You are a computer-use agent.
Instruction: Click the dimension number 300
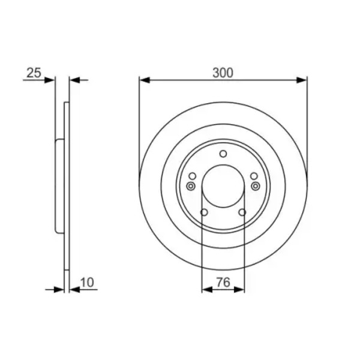coord(223,73)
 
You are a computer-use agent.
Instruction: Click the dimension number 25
coord(34,73)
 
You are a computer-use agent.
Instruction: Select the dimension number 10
coord(87,282)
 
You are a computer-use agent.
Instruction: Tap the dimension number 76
coord(223,282)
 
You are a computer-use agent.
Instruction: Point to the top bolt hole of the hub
coord(223,154)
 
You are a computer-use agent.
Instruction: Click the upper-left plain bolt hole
coord(193,176)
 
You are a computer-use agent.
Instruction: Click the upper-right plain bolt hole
coord(254,176)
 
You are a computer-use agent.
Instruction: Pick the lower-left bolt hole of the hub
coord(204,212)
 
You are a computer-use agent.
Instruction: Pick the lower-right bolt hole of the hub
coord(242,212)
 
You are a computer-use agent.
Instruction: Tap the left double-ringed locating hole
coord(191,186)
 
